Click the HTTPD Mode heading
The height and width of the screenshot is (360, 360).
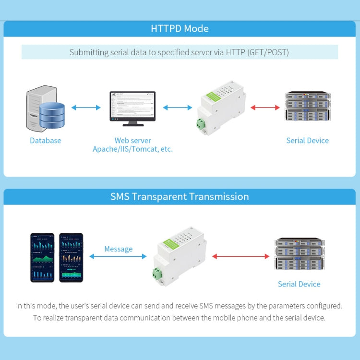[x=180, y=28]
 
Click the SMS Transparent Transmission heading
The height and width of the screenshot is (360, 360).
[x=180, y=196]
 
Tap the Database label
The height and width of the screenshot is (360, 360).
[x=46, y=141]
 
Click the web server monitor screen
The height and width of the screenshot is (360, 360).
[x=132, y=106]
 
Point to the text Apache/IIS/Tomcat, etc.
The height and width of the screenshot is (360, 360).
[x=132, y=149]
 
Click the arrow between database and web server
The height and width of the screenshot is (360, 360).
[x=86, y=108]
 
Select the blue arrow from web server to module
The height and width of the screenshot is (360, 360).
[x=178, y=108]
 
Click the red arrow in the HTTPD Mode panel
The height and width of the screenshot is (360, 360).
[x=264, y=108]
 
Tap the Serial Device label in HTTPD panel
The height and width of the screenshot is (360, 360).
[x=307, y=141]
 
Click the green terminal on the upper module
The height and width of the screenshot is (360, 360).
[x=201, y=124]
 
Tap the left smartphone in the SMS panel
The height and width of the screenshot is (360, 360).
[x=42, y=257]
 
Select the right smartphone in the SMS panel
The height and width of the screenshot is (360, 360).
[x=71, y=257]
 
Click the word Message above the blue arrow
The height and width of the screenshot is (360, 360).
[x=118, y=249]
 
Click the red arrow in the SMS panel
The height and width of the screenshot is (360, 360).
[x=240, y=256]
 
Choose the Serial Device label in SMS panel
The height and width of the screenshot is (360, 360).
[x=299, y=284]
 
